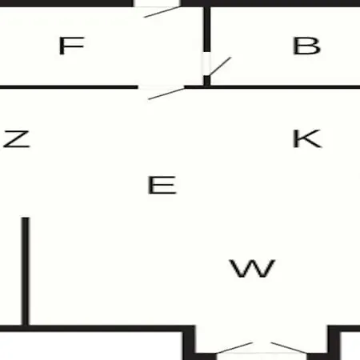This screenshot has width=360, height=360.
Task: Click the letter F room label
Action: tap(71, 46)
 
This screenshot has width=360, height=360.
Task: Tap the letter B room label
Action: tap(306, 46)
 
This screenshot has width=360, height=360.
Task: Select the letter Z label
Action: tap(17, 138)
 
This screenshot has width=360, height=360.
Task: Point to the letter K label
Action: tap(307, 138)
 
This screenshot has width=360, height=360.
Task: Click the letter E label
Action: tap(162, 185)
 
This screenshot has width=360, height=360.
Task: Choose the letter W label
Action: tap(252, 269)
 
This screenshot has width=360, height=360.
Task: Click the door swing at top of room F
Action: tap(162, 12)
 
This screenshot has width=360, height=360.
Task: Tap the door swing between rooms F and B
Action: tap(220, 66)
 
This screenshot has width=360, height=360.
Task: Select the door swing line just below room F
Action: tap(166, 94)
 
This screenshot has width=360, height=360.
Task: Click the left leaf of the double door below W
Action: tap(234, 348)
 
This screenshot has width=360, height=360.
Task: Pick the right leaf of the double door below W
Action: tap(290, 348)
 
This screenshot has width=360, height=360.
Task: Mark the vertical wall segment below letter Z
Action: tap(26, 271)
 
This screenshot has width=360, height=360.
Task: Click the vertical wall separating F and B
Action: tap(207, 30)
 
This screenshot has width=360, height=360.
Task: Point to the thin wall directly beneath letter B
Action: tap(285, 87)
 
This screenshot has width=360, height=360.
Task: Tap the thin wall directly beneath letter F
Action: tap(69, 87)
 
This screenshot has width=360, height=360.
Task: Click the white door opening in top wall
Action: tap(157, 3)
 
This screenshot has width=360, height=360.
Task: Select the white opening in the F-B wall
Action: tap(206, 64)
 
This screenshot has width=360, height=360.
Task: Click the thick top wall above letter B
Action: tap(270, 3)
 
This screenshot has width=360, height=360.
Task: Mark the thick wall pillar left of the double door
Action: tap(190, 342)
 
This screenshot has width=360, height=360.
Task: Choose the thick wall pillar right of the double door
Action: tap(334, 342)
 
